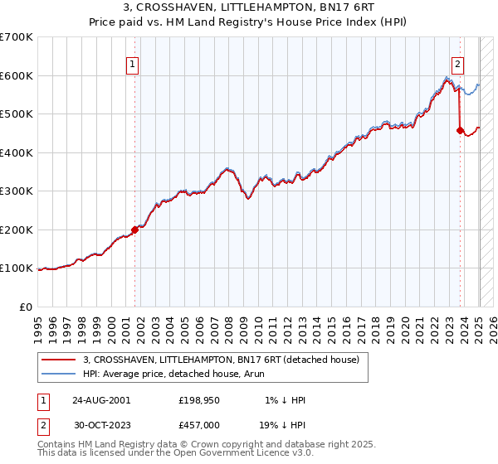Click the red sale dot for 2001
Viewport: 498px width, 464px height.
pos(134,230)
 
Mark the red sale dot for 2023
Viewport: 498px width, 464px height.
pos(460,130)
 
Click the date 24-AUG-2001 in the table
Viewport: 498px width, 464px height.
pos(100,399)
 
